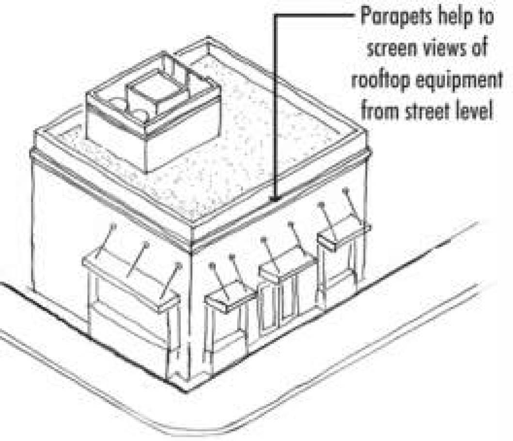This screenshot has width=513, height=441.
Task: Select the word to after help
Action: [485, 19]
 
